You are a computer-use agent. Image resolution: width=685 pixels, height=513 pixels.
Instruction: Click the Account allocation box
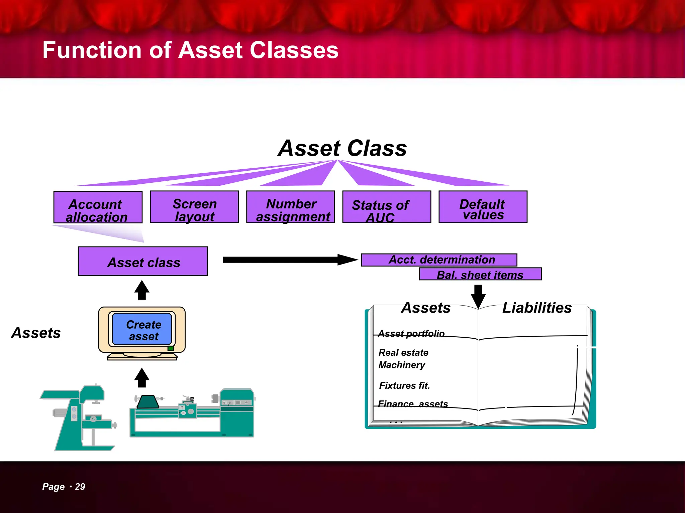tap(98, 207)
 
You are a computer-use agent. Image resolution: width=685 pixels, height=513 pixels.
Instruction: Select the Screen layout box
tap(194, 207)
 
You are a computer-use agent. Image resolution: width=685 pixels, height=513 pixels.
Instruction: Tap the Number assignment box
tap(290, 207)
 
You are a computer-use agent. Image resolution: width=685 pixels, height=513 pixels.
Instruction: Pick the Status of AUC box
tap(387, 207)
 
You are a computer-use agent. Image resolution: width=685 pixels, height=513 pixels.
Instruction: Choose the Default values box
tap(483, 207)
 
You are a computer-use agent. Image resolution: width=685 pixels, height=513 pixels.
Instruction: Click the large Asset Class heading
tap(342, 148)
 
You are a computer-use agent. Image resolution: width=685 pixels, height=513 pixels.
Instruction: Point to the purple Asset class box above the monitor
tap(143, 261)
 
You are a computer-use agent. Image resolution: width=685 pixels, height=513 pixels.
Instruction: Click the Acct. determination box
tap(439, 260)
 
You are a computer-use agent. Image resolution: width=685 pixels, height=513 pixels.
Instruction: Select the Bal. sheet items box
tap(480, 274)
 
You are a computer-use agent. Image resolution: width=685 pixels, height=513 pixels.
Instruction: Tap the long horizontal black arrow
tap(288, 260)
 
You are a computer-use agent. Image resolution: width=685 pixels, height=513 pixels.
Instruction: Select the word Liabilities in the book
tap(537, 308)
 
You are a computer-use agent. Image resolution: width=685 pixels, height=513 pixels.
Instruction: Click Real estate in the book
tap(403, 353)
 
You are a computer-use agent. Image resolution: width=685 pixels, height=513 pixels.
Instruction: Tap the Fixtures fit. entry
tap(404, 386)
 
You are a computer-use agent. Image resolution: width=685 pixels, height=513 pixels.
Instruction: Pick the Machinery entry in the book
tap(402, 365)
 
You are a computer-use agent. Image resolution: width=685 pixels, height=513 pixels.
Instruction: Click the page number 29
tap(80, 487)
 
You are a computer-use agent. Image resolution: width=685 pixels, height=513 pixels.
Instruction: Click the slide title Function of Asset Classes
tap(190, 50)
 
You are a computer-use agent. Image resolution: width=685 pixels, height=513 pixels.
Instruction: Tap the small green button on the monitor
tap(171, 348)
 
